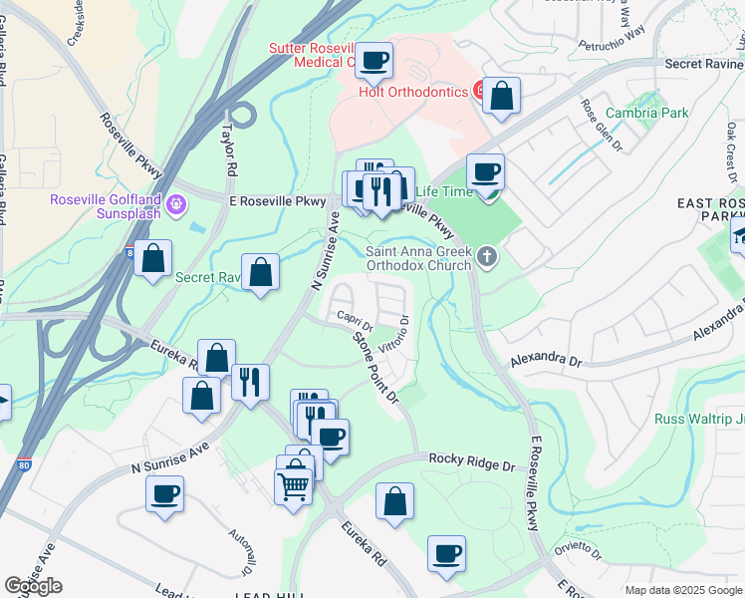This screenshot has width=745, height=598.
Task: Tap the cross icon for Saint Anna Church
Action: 487,258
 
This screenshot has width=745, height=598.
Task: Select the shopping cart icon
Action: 294,486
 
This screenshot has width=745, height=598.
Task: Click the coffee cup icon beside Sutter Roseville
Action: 373,61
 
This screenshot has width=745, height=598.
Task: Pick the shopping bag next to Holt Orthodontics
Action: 502,97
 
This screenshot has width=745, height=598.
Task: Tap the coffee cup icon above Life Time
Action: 485,171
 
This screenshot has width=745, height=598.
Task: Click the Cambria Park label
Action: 648,113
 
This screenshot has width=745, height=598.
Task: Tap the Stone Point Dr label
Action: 376,367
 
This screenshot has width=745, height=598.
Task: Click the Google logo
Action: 33,586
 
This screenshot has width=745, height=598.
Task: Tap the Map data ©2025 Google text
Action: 682,590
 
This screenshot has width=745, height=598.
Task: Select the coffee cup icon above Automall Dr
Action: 164,492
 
